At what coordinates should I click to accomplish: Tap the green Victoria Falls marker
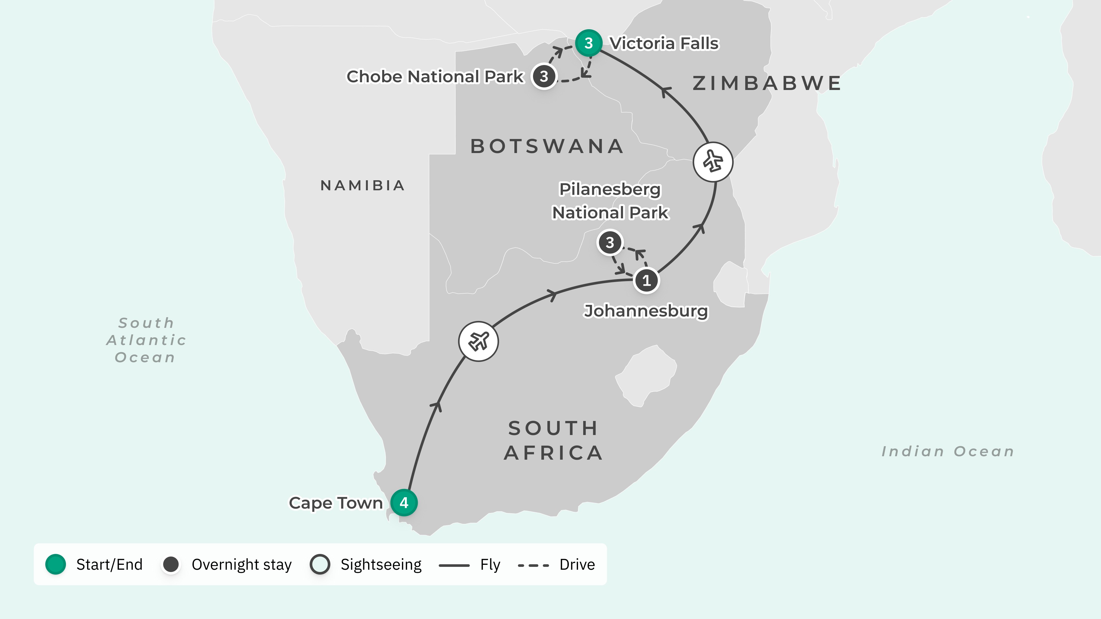589,43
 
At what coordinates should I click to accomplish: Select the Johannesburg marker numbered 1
646,280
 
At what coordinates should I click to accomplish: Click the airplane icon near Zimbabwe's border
713,162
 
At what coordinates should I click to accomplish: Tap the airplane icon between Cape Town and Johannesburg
478,341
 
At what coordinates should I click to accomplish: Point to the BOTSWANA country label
547,146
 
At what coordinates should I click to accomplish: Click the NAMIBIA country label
362,185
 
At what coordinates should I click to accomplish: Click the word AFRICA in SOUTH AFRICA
553,453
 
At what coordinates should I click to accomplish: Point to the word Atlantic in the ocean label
146,340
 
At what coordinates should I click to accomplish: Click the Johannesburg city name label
646,311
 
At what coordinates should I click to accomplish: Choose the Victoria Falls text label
664,43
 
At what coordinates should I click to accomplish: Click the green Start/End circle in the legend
56,564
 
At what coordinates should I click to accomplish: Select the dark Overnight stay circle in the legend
171,564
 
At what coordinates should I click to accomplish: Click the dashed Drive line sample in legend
533,565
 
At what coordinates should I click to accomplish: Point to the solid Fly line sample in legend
454,565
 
